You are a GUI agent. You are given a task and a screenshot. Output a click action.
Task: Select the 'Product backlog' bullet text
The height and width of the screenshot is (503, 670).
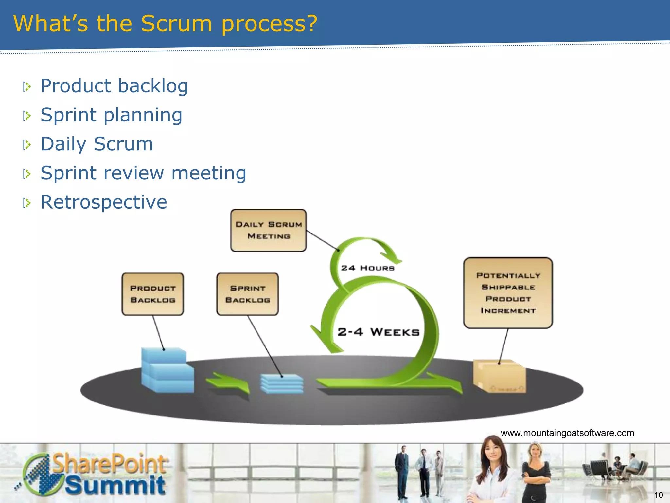coord(114,86)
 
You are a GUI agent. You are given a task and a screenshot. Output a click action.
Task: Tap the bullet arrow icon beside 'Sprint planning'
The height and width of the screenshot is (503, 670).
coord(27,116)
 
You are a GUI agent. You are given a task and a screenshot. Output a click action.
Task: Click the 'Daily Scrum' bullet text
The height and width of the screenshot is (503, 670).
coord(97,144)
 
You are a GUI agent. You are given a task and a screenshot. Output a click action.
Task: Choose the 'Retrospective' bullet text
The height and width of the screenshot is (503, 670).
coord(104,202)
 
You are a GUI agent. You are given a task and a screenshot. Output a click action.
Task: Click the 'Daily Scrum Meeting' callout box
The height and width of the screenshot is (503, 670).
coord(268,230)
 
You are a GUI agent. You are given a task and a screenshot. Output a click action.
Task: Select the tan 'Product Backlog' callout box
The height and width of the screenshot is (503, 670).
coord(152,294)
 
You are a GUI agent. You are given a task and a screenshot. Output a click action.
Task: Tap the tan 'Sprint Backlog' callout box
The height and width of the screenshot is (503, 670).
coord(247,294)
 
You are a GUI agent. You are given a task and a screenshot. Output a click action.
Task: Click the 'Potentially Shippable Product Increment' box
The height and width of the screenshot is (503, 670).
coord(508,293)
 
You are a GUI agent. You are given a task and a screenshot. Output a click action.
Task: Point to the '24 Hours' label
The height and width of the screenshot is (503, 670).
coord(368,268)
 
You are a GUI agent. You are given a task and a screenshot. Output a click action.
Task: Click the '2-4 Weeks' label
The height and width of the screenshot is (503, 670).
coord(378,332)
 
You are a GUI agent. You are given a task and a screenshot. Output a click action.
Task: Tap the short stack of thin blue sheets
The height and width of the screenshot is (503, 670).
coord(282,383)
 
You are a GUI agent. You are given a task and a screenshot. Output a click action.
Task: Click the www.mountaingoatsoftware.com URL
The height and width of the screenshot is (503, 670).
coord(567,433)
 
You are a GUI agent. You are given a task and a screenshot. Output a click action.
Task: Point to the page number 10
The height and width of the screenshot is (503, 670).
coord(658,495)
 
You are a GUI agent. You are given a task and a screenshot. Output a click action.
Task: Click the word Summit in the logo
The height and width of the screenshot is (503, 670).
coord(115,485)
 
